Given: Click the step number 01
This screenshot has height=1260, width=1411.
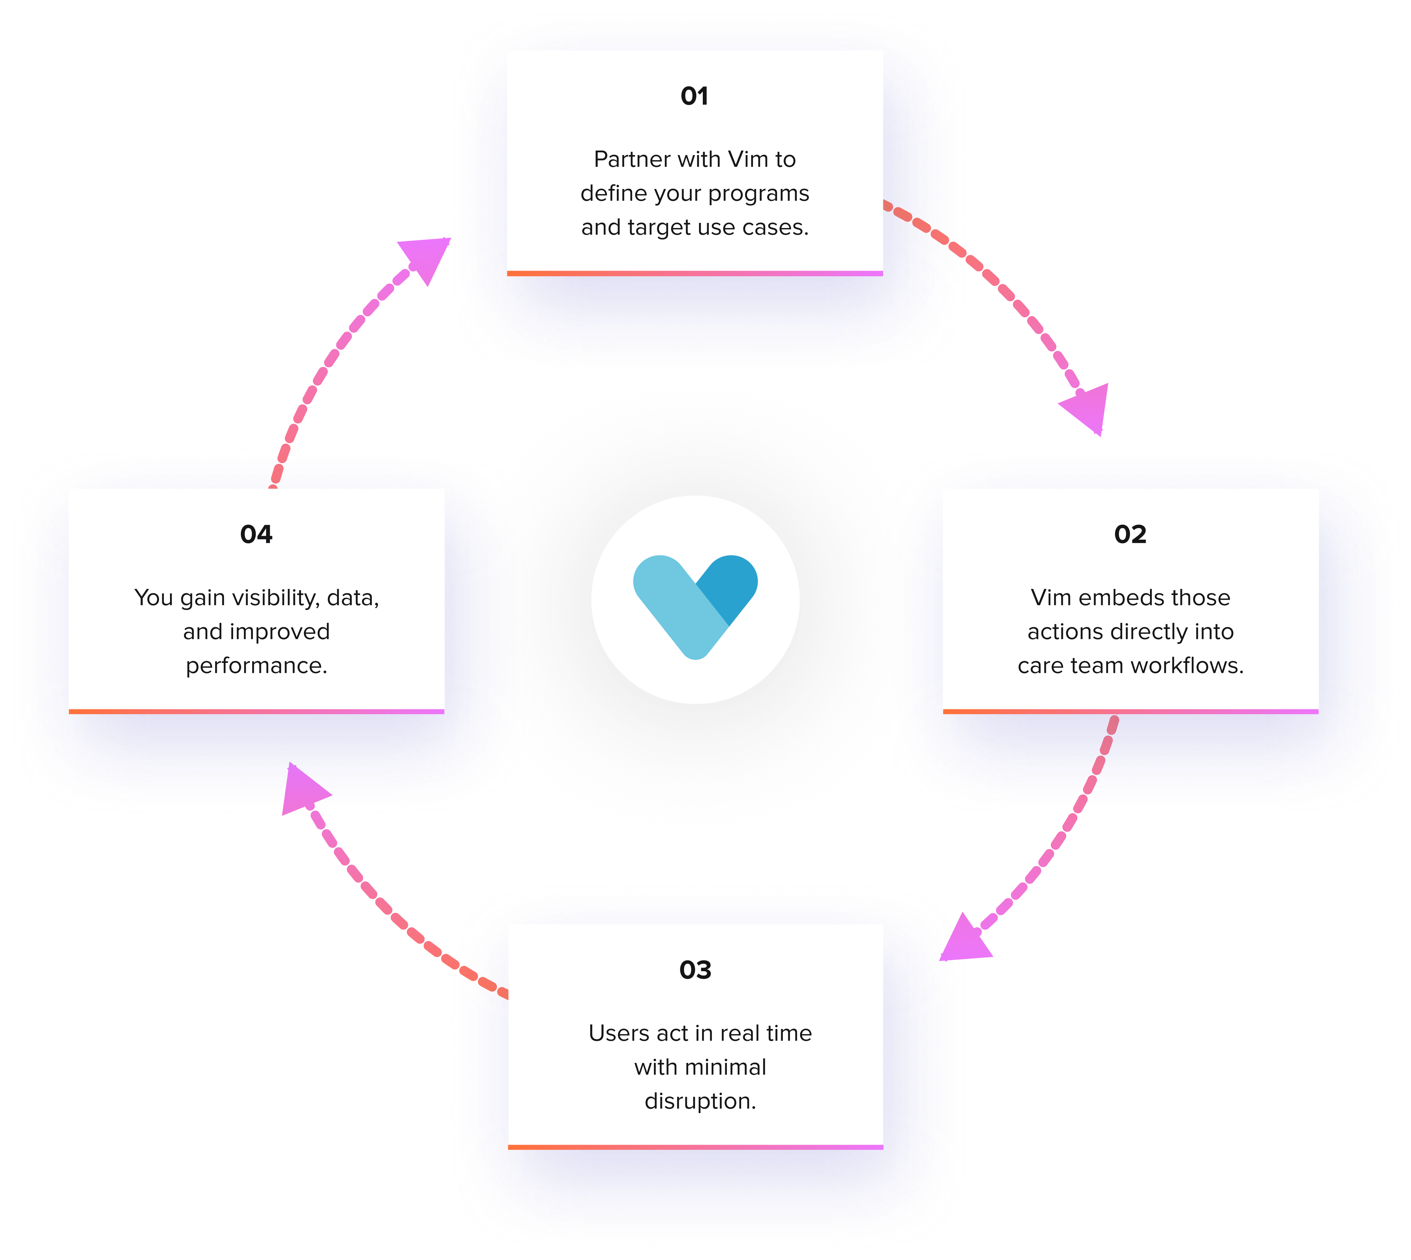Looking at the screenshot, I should click(x=694, y=96).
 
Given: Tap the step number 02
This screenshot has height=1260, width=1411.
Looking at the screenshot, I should click(x=1130, y=534).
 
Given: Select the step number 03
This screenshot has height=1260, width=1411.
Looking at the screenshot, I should click(x=695, y=970).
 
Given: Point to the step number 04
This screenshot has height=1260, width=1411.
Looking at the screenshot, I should click(x=256, y=534).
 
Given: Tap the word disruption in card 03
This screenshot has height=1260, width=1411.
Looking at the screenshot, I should click(x=700, y=1101).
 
